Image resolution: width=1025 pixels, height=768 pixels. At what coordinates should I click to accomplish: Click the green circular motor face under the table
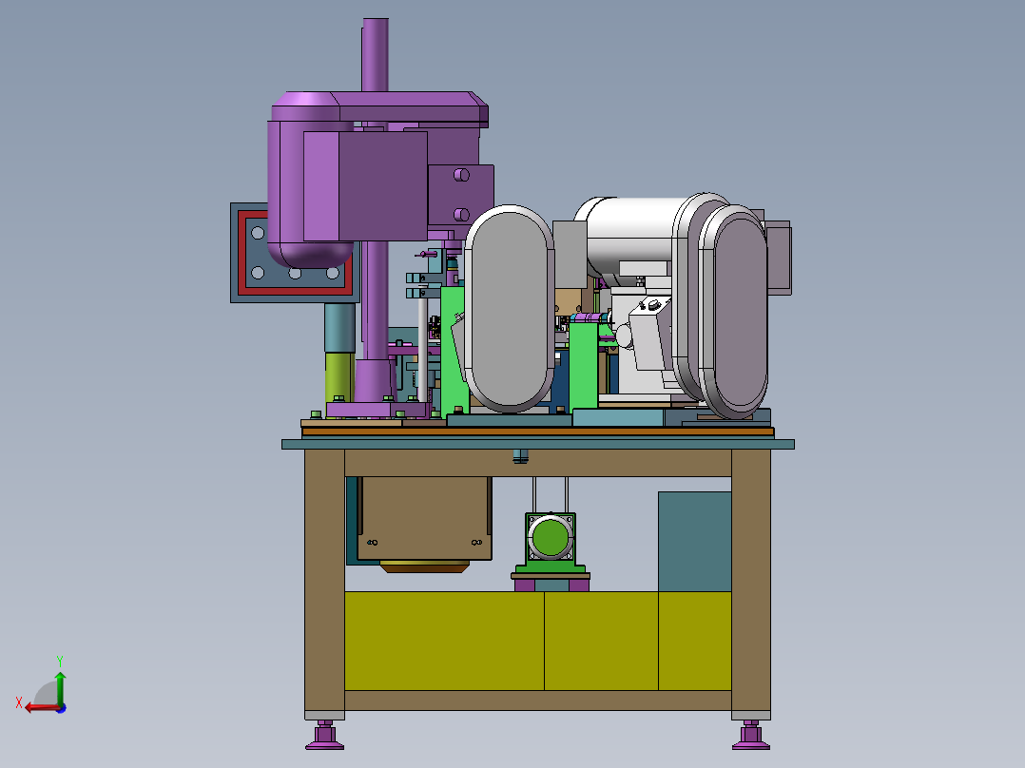(x=551, y=538)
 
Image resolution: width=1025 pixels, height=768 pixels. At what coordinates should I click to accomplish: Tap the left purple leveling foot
(x=324, y=736)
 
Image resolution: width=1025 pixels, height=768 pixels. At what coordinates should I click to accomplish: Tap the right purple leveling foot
(x=751, y=736)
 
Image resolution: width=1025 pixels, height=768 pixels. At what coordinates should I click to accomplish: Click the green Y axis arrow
(x=60, y=686)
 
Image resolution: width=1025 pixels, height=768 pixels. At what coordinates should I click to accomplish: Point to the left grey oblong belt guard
(x=510, y=309)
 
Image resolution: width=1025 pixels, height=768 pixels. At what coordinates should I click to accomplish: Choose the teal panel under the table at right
(x=694, y=542)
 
